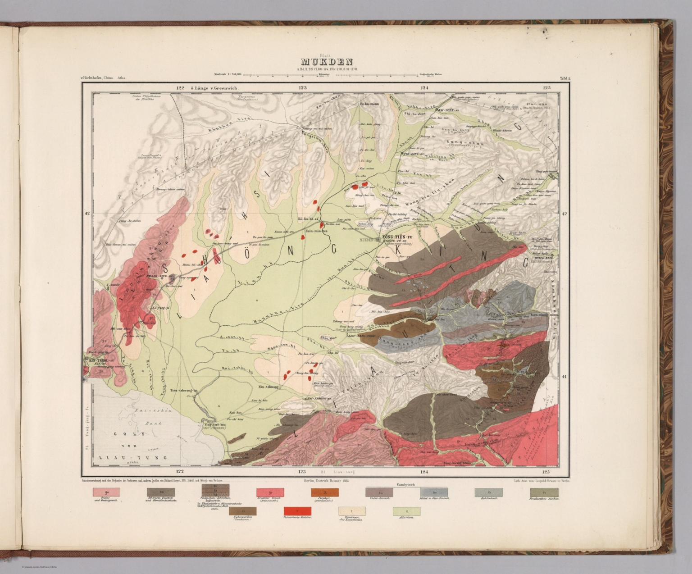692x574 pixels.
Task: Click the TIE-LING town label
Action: (408, 154)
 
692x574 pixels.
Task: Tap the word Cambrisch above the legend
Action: (406, 485)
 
